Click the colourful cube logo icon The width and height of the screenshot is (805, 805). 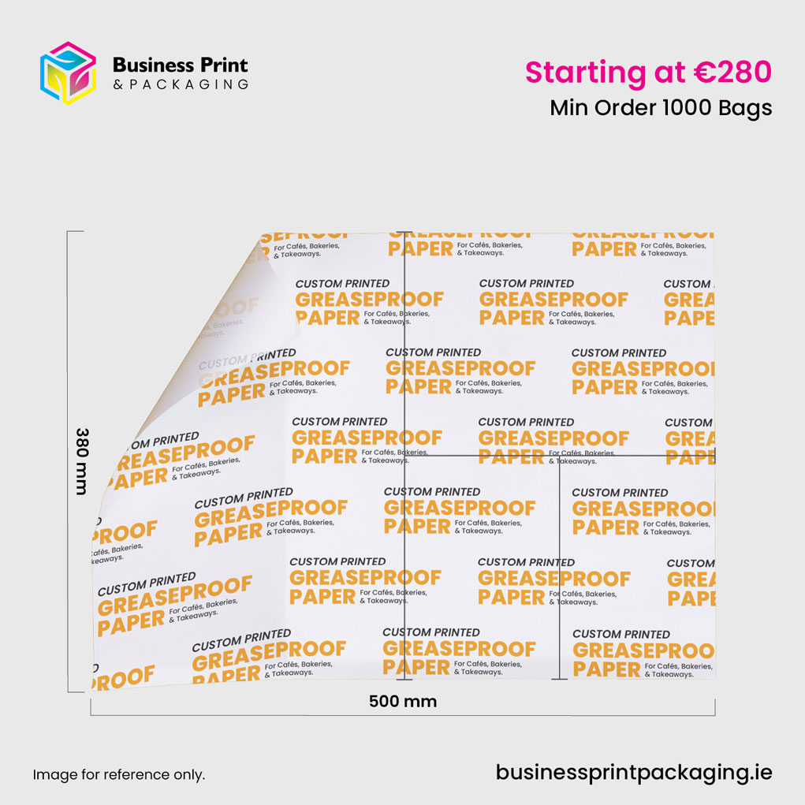(x=68, y=73)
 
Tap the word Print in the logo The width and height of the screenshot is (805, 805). (x=225, y=65)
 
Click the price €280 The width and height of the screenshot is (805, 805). (x=732, y=72)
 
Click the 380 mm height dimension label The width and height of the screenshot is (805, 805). (x=82, y=461)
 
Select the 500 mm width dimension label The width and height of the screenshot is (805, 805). (x=403, y=701)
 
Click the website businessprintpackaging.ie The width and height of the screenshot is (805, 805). (x=634, y=772)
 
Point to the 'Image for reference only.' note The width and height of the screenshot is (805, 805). (x=118, y=775)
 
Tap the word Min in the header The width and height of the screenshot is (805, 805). (x=568, y=107)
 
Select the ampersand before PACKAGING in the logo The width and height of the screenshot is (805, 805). (x=117, y=84)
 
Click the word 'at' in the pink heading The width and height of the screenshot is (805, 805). (x=669, y=73)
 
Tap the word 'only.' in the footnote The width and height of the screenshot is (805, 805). (x=188, y=775)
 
